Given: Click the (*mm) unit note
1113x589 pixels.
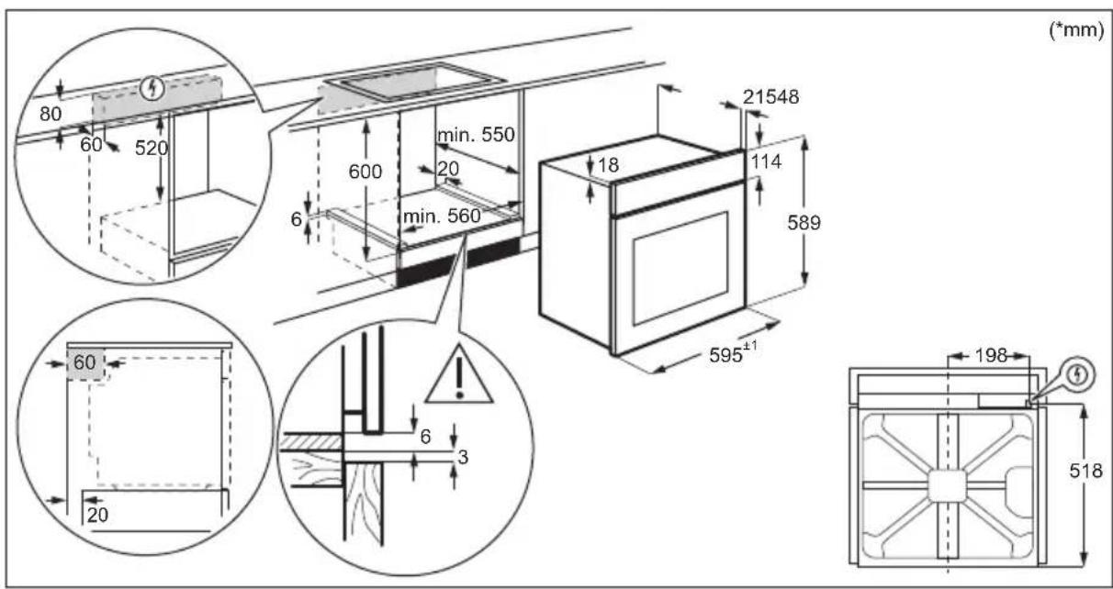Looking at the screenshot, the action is point(1076,30).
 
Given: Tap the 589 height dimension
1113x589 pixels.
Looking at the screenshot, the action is point(804,223).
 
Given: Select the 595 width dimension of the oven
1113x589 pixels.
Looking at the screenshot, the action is point(733,354).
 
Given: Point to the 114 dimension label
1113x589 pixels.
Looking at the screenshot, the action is point(766,161).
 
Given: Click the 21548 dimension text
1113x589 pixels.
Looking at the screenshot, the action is point(770,96).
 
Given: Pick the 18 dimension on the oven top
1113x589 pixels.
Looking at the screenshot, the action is point(608,165).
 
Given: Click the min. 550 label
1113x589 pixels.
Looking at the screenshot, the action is point(476,135).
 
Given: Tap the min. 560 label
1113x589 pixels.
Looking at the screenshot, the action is point(442,217).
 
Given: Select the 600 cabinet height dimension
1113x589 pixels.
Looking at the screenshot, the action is point(365,172).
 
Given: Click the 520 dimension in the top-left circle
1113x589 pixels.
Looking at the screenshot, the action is point(151,148).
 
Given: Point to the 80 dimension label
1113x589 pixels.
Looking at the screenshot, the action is point(51,114).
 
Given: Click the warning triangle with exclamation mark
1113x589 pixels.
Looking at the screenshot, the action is point(459,376).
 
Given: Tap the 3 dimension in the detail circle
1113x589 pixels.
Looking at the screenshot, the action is point(463,457).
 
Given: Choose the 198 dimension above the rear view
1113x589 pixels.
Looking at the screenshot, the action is point(991,355).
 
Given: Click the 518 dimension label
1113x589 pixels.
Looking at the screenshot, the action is point(1085,471).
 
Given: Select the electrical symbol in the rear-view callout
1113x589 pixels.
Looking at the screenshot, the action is point(1077,375).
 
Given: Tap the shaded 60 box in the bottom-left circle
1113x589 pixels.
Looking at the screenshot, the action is point(85,363).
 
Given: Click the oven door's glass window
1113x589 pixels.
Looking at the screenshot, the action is point(680,268).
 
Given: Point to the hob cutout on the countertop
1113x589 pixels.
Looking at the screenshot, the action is point(415,82).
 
